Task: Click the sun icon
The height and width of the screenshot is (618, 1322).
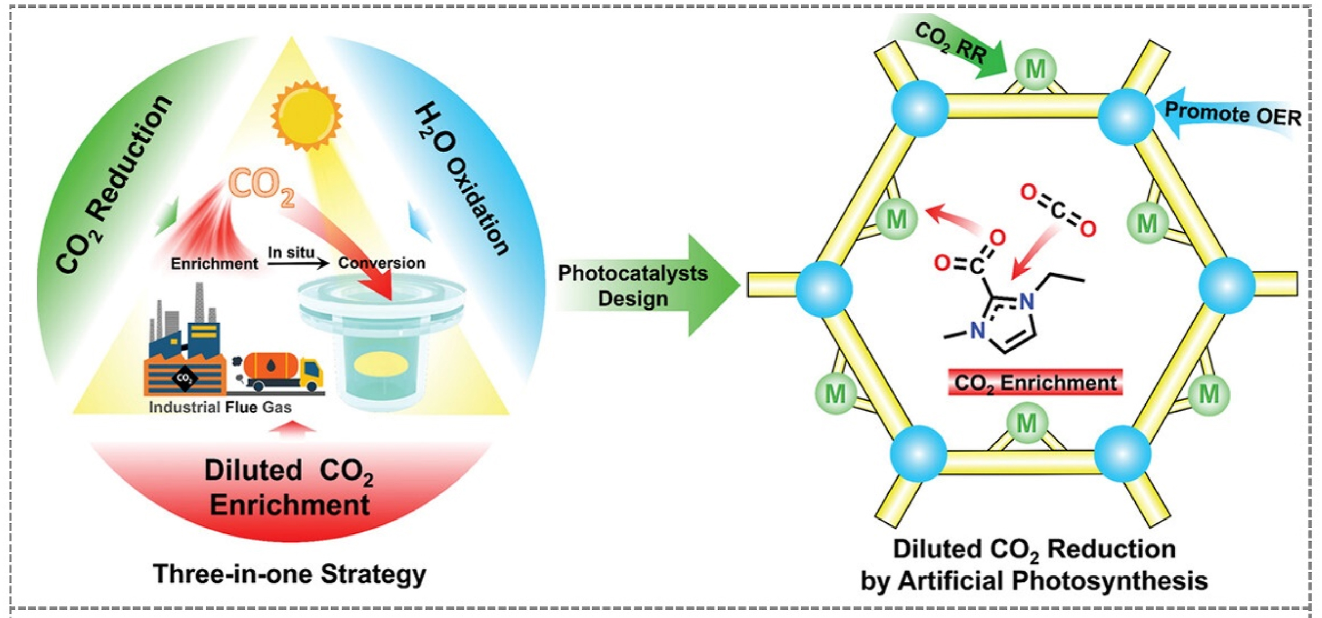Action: pos(306,115)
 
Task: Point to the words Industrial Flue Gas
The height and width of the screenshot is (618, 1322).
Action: pos(220,407)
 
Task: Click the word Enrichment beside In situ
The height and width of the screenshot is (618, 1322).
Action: pos(214,264)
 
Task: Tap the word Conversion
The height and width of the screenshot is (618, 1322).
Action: pos(382,263)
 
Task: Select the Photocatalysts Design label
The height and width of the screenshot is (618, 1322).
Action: pos(633,286)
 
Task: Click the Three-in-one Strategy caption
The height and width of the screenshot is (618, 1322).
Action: pos(289,575)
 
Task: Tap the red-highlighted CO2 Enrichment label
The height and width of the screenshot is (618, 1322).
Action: pos(1035,383)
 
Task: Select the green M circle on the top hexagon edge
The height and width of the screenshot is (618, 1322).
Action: pos(1035,70)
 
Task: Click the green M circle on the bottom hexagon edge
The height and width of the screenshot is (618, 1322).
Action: pos(1027,424)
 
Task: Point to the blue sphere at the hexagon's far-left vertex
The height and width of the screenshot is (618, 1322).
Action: pos(824,288)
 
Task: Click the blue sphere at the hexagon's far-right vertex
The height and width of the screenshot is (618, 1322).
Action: pos(1227,285)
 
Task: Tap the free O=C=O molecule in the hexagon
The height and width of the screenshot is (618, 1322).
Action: pos(1058,211)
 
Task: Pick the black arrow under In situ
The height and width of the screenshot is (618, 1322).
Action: pos(298,263)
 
